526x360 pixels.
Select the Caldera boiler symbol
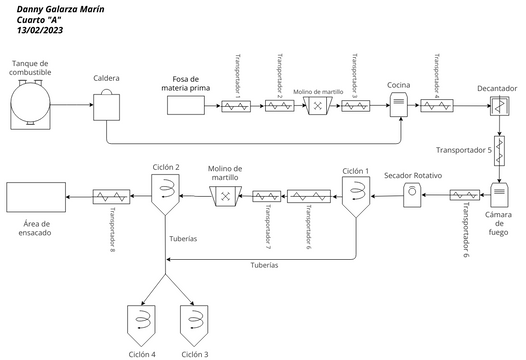click(107, 104)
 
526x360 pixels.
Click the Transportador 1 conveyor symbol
click(238, 105)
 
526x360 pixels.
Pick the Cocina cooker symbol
click(398, 104)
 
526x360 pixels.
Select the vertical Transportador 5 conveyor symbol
click(499, 151)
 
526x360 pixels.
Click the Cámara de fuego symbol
click(499, 195)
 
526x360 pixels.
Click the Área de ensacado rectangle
click(37, 196)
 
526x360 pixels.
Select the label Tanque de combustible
click(36, 67)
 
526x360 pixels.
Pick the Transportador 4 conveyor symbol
click(438, 105)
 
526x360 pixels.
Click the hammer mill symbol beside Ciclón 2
click(227, 196)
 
